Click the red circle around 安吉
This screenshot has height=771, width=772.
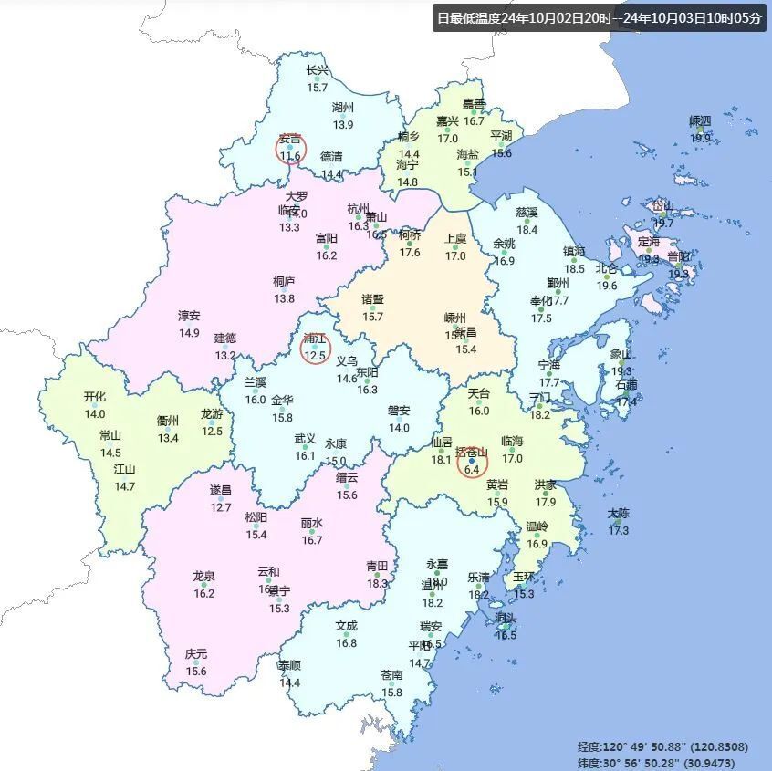290,148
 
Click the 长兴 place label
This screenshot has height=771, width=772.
317,71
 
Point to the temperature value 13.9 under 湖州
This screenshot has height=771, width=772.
343,124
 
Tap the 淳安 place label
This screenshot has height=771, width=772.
189,316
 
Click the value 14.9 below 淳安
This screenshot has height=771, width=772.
189,333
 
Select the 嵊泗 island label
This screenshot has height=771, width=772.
700,121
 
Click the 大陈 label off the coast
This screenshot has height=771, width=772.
619,513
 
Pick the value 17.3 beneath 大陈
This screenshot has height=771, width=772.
619,530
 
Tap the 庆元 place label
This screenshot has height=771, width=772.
196,654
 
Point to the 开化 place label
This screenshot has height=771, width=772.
95,397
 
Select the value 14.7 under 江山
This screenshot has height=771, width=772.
124,486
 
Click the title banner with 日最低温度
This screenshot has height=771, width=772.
599,17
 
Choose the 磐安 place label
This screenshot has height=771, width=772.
399,411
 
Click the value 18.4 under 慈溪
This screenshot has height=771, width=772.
527,230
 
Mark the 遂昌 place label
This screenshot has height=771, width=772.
221,490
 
